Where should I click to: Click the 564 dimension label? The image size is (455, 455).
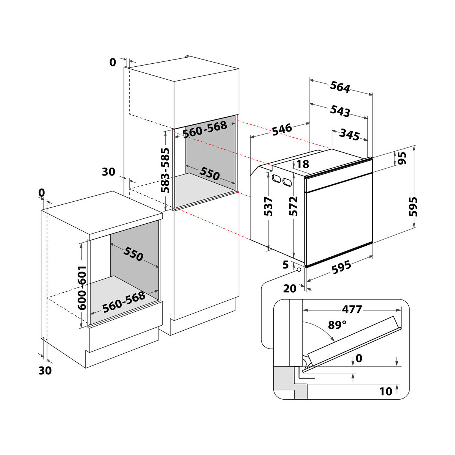[340, 87]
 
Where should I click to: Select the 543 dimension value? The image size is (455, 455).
[340, 111]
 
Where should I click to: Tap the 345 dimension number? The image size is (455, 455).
[350, 135]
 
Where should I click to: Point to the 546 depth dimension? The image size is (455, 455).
[282, 129]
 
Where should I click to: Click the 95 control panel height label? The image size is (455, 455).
[402, 158]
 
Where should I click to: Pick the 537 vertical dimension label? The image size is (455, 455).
[268, 206]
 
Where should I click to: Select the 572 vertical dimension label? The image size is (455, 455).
[293, 206]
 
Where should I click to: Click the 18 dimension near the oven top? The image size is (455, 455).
[303, 164]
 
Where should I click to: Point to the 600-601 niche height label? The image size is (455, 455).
[82, 288]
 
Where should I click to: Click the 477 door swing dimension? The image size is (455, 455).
[352, 309]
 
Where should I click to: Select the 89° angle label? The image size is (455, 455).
[337, 325]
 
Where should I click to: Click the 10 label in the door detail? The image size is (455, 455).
[386, 391]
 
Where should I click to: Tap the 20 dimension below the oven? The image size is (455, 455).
[290, 289]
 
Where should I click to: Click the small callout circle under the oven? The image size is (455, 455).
[299, 270]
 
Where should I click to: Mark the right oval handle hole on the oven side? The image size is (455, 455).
[287, 182]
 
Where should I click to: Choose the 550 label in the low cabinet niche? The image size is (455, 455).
[133, 254]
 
